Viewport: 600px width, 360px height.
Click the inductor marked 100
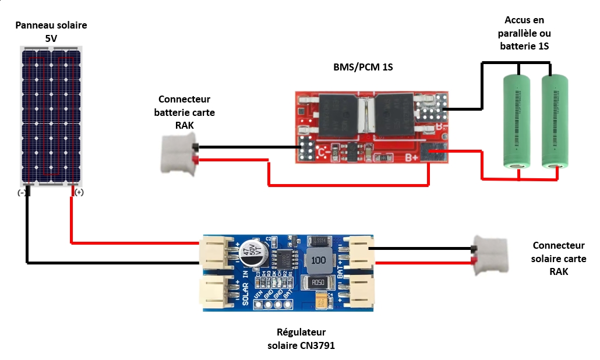[318, 260]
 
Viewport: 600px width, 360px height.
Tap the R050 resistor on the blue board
[319, 283]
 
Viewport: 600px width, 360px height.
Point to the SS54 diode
[319, 241]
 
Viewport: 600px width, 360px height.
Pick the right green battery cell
[555, 121]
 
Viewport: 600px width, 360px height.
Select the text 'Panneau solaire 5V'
[51, 32]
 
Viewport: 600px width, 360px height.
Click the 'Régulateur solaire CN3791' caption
[301, 339]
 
